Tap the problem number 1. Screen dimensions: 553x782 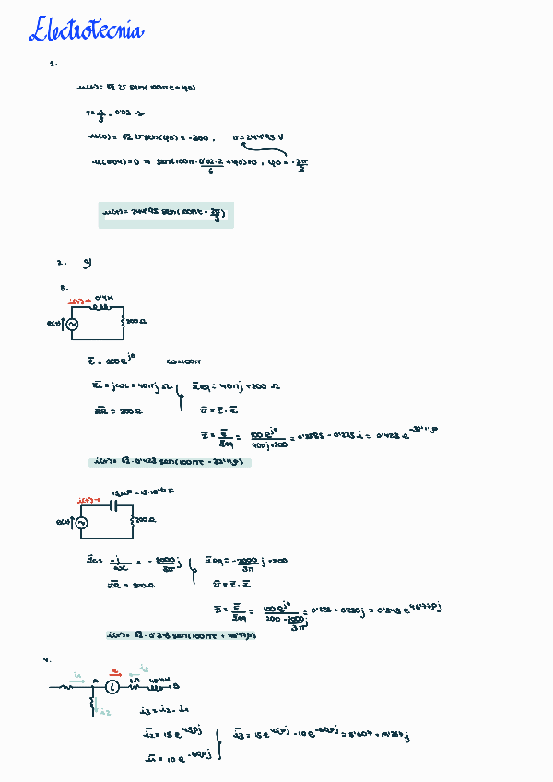pos(53,65)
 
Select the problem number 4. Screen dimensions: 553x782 pos(45,660)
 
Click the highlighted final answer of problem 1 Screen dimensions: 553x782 pos(166,216)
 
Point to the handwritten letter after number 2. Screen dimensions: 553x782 pos(87,263)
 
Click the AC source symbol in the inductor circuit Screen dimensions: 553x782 pos(70,324)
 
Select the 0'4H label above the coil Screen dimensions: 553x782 pos(103,297)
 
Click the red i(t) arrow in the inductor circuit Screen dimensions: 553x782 pos(79,301)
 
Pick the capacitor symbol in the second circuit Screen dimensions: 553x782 pos(115,504)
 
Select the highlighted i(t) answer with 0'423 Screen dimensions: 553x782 pos(170,461)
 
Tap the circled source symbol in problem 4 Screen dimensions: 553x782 pos(112,687)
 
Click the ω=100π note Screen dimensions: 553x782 pos(184,361)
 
